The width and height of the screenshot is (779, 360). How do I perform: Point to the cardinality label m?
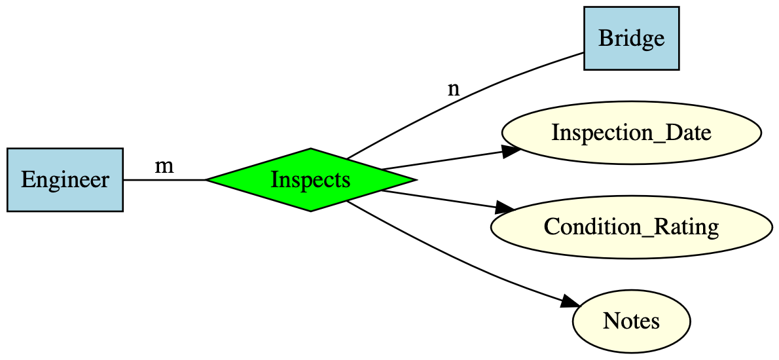pyautogui.click(x=164, y=166)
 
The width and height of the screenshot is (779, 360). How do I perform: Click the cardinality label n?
pyautogui.click(x=453, y=89)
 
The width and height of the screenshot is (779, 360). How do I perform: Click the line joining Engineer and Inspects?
pyautogui.click(x=164, y=179)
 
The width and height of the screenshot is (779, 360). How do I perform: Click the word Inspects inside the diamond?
pyautogui.click(x=310, y=179)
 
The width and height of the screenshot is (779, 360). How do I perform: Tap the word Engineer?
pyautogui.click(x=65, y=180)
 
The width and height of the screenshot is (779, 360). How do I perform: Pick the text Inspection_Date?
pyautogui.click(x=631, y=133)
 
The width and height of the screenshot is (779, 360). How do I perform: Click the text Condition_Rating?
pyautogui.click(x=631, y=227)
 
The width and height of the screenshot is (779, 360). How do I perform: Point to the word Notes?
pyautogui.click(x=631, y=321)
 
